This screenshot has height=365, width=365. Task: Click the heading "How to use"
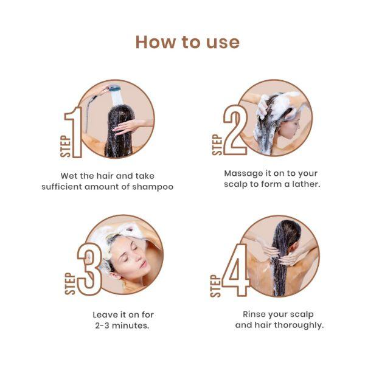tap(187, 42)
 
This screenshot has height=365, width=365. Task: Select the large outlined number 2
tap(234, 130)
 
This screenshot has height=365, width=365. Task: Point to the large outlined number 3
tap(89, 268)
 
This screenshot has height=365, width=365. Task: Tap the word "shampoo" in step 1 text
tap(153, 187)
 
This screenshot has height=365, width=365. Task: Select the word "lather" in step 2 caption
tap(303, 184)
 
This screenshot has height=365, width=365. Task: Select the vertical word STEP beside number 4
tap(215, 285)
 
